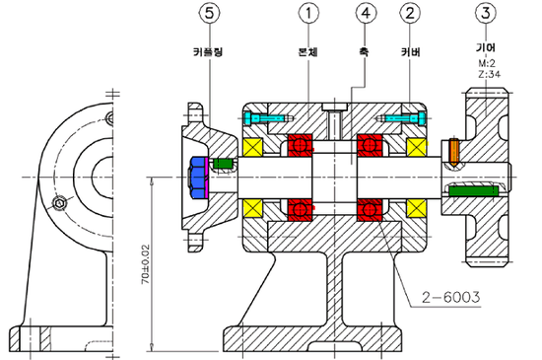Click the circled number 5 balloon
coord(209,13)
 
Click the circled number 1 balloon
coord(308,13)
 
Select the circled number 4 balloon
coord(366,13)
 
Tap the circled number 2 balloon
coord(410,13)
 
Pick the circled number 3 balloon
coord(486,13)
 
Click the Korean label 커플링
coord(208,52)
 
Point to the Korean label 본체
coord(308,52)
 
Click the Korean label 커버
coord(410,52)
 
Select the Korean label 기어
coord(486,47)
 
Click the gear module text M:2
coord(487,63)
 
